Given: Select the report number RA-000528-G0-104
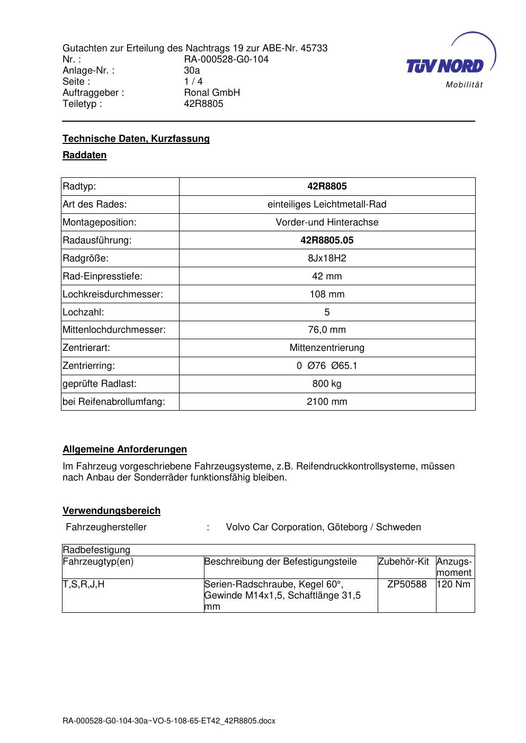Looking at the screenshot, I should tap(226, 59).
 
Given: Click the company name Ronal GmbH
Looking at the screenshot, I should tap(212, 93).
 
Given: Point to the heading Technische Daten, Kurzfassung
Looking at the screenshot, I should tap(136, 139).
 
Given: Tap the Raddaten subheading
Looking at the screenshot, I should tap(85, 155).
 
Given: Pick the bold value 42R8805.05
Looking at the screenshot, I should tap(327, 240).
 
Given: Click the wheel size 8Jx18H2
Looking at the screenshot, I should tap(327, 258).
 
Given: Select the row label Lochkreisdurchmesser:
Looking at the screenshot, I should tap(113, 294).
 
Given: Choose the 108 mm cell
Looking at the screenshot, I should tap(327, 294).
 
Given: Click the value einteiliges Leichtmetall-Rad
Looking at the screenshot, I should tap(327, 204).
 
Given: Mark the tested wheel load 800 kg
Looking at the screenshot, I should tap(327, 384).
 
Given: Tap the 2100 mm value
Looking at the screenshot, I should tap(327, 402).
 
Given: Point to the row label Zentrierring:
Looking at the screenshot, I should tap(89, 366).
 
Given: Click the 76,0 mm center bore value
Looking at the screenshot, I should tap(327, 330).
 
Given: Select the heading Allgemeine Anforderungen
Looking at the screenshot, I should tap(125, 449).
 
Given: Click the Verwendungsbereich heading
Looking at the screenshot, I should tap(112, 511).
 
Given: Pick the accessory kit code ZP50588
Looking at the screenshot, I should tap(407, 584).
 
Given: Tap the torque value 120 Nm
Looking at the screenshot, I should tap(454, 584).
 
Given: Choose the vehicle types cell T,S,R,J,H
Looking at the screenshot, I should tap(84, 584).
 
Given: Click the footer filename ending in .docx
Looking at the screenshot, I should tap(169, 721).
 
